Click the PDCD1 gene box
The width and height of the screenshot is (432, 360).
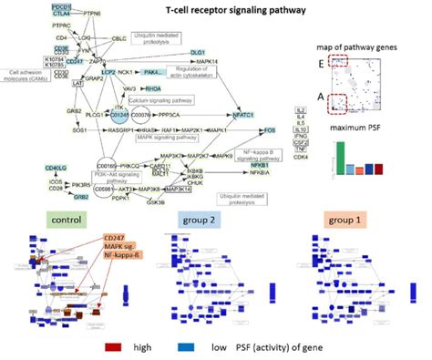click(x=62, y=6)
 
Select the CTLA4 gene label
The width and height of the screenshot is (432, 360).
click(x=62, y=14)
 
